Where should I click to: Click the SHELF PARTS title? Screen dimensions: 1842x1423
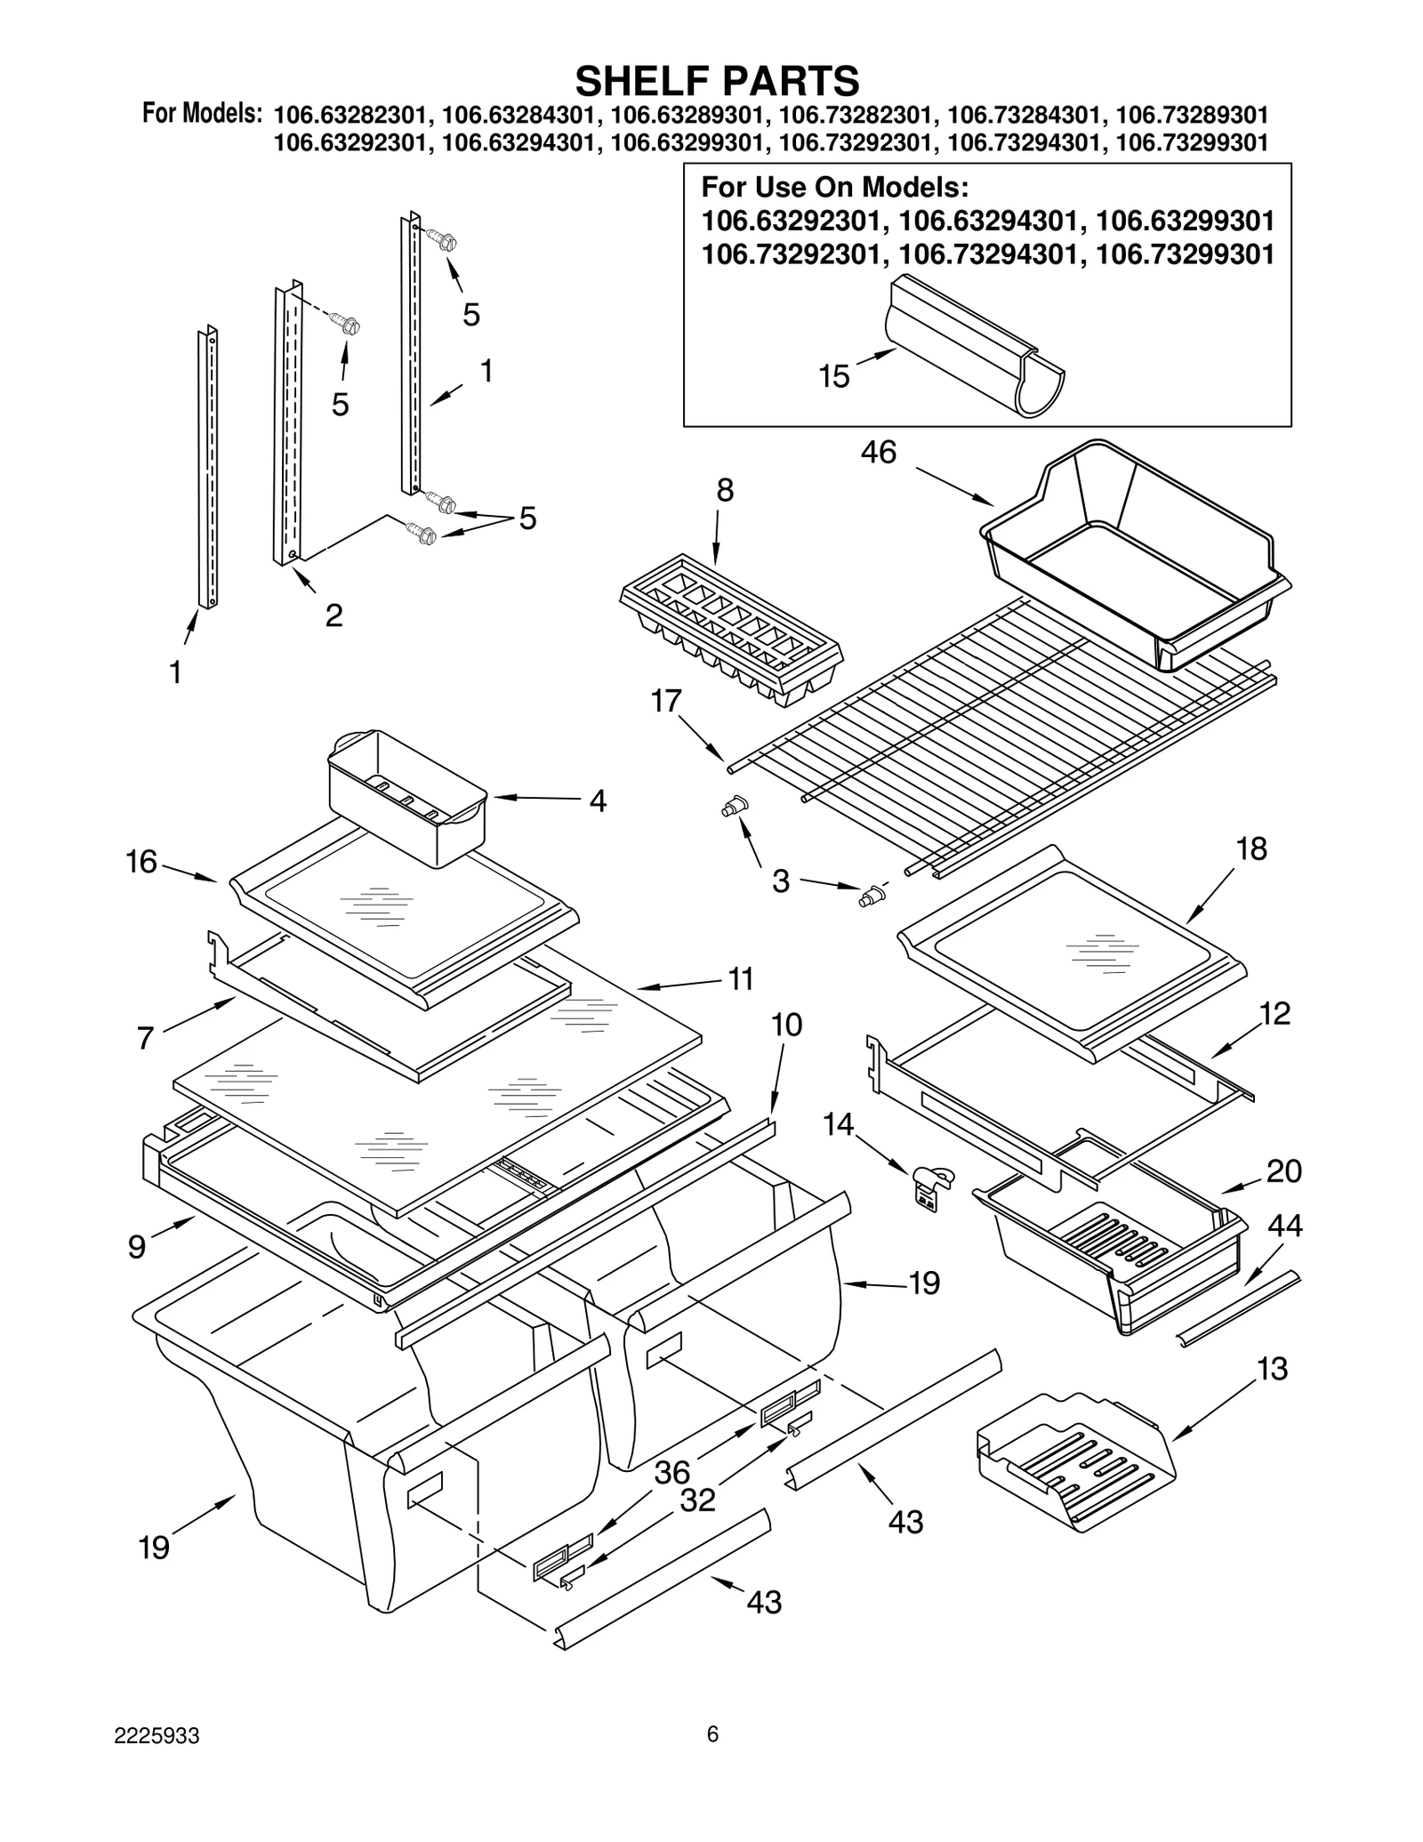(x=717, y=81)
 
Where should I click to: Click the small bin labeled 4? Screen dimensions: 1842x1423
(x=407, y=798)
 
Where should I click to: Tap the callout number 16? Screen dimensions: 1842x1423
(x=141, y=861)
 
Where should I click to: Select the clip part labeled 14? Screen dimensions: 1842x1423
(x=929, y=1187)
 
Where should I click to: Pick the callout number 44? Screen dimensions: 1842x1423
(x=1284, y=1226)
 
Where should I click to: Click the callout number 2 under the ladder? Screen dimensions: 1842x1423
(x=334, y=615)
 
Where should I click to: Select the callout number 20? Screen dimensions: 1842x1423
(x=1283, y=1170)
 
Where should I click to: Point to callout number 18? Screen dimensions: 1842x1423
(x=1251, y=849)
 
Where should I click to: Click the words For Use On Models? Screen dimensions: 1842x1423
(x=834, y=188)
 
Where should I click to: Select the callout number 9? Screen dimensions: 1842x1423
(x=136, y=1247)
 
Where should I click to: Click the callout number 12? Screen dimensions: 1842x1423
(x=1274, y=1013)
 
